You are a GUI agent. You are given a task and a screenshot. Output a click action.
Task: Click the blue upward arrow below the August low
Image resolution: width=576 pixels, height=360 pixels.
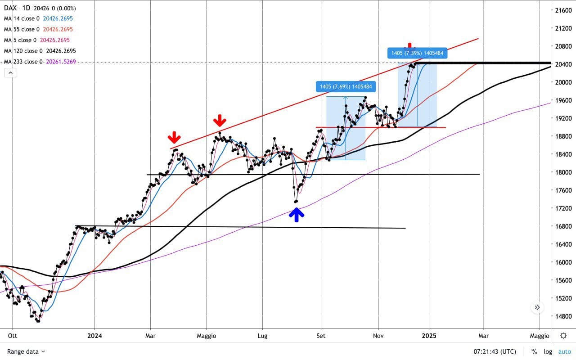pyautogui.click(x=296, y=215)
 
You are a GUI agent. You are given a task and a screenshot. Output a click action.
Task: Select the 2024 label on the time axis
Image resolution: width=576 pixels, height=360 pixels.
pyautogui.click(x=94, y=336)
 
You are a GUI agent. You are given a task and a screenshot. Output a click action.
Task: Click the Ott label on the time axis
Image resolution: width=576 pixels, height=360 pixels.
pyautogui.click(x=13, y=336)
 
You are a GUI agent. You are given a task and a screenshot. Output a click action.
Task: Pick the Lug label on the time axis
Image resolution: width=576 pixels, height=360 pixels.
pyautogui.click(x=262, y=336)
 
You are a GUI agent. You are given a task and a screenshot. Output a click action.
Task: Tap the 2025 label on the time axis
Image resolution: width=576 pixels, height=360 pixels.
pyautogui.click(x=429, y=336)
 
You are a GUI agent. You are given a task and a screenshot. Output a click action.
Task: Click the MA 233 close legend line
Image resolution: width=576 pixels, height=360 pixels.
pyautogui.click(x=40, y=62)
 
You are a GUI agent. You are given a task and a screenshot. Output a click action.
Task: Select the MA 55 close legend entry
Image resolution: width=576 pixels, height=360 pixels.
pyautogui.click(x=38, y=29)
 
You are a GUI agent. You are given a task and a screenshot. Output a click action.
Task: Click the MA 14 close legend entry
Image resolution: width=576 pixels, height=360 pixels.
pyautogui.click(x=38, y=18)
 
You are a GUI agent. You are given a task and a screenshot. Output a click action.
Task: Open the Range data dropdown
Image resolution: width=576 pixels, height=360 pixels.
pyautogui.click(x=26, y=351)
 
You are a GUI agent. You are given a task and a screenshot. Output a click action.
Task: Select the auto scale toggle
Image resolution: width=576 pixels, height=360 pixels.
pyautogui.click(x=564, y=351)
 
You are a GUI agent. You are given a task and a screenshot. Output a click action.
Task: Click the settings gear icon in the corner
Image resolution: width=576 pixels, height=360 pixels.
pyautogui.click(x=563, y=336)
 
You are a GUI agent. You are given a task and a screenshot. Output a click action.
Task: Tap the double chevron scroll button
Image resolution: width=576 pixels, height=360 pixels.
pyautogui.click(x=537, y=308)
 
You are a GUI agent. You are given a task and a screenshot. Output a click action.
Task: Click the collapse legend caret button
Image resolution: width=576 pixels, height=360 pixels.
pyautogui.click(x=10, y=72)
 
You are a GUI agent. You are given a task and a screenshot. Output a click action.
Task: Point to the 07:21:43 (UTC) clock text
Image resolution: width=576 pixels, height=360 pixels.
pyautogui.click(x=495, y=351)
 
